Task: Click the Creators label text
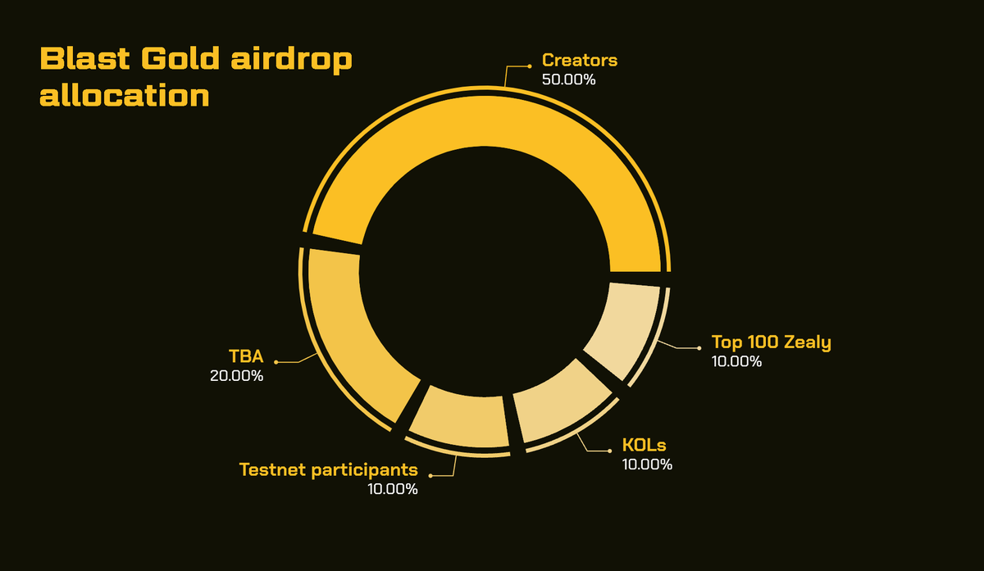point(580,61)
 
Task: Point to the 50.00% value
point(568,80)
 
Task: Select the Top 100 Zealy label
point(771,342)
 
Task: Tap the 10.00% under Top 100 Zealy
point(736,361)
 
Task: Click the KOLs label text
point(644,446)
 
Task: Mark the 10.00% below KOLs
point(647,465)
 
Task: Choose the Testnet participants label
point(328,470)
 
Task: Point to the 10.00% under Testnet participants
point(393,489)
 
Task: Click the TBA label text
point(246,356)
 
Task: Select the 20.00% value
point(237,376)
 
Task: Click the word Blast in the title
point(84,60)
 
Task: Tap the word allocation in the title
point(125,95)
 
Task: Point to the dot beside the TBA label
point(276,361)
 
